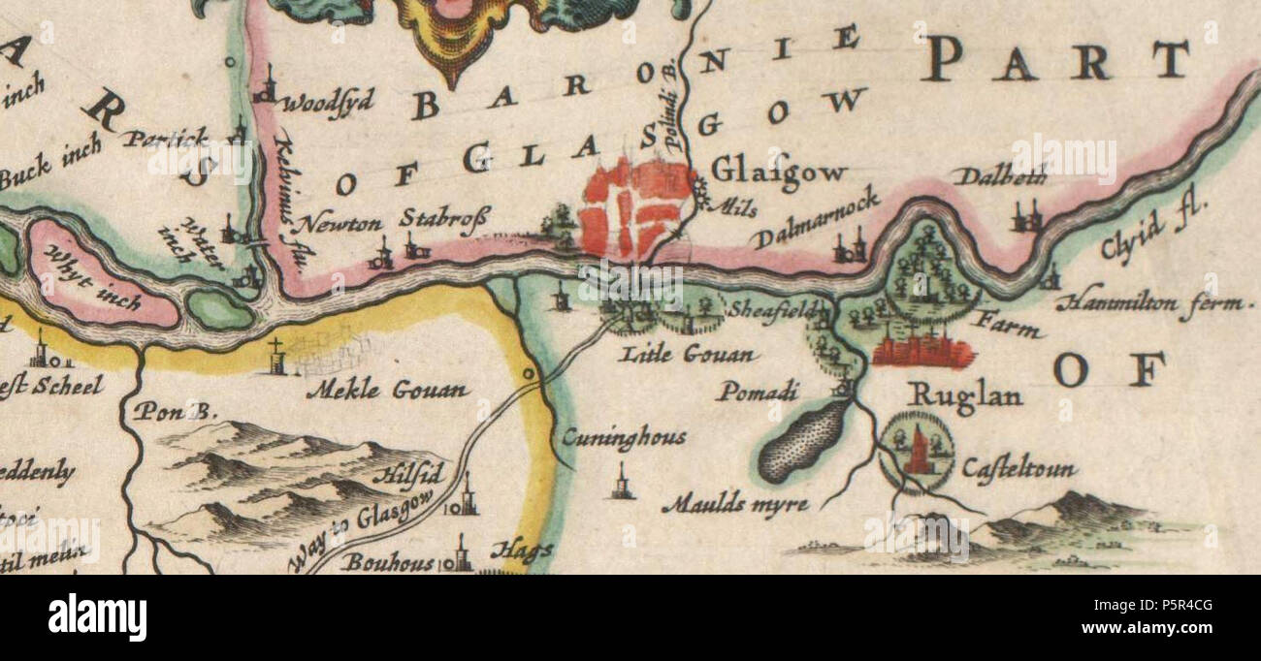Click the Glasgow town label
(778, 171)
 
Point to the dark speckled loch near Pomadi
(803, 441)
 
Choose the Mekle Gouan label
(387, 391)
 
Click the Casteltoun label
(1018, 470)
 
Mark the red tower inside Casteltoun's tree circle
(917, 453)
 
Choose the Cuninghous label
(624, 437)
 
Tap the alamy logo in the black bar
(97, 617)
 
